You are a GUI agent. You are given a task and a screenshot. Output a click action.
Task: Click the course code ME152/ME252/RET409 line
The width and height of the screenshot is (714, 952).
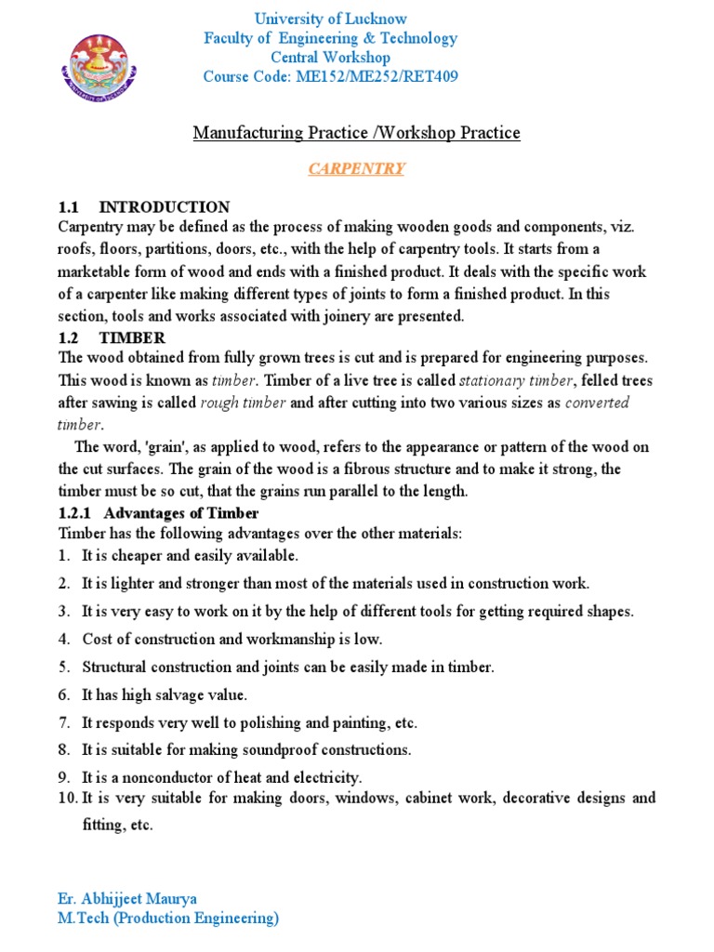pyautogui.click(x=331, y=76)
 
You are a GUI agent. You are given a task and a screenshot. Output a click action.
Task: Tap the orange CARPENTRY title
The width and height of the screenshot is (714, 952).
pyautogui.click(x=357, y=168)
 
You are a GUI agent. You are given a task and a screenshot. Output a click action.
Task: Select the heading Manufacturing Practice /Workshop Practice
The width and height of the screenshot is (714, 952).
pyautogui.click(x=357, y=133)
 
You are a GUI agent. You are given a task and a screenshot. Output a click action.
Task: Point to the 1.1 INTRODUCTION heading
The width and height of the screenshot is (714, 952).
pyautogui.click(x=144, y=206)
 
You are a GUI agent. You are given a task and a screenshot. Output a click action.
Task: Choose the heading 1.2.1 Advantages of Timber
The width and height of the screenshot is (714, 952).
pyautogui.click(x=158, y=512)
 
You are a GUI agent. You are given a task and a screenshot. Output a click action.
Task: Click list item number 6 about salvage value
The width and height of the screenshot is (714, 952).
pyautogui.click(x=165, y=694)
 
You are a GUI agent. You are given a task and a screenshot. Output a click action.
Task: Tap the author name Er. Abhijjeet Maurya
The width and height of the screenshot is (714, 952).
pyautogui.click(x=127, y=898)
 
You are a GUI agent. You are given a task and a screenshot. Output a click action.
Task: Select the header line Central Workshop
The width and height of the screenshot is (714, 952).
pyautogui.click(x=331, y=58)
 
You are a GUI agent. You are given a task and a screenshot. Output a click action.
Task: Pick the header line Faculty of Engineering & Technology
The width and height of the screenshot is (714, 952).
pyautogui.click(x=331, y=38)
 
